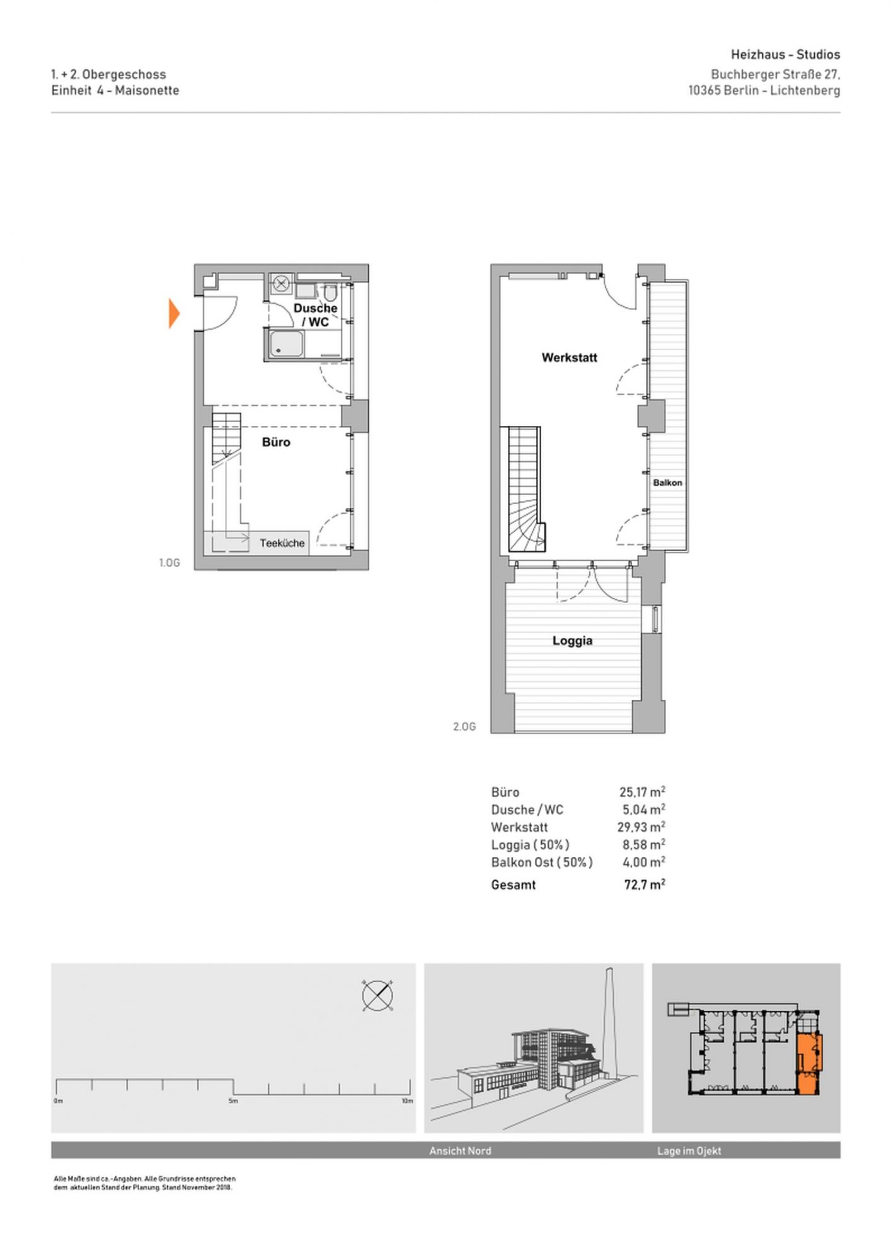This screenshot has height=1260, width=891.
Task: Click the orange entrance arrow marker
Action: tap(174, 314)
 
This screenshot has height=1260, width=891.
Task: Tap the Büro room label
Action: tap(276, 442)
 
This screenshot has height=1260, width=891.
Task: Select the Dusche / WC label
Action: tap(316, 315)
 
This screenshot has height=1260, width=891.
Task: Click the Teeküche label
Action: tap(282, 543)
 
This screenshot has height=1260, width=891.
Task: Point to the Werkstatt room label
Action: tap(570, 358)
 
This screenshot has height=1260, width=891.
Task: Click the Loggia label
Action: tap(572, 641)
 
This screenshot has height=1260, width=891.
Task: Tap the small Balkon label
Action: tap(667, 483)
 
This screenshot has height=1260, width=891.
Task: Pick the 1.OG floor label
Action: tap(170, 563)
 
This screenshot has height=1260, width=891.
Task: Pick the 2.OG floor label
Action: tap(464, 727)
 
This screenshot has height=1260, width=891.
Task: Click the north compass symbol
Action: tap(377, 996)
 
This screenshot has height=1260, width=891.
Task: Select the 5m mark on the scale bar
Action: tap(233, 1101)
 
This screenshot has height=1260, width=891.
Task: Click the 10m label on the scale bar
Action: tap(407, 1101)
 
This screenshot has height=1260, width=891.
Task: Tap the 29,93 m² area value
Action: tap(641, 827)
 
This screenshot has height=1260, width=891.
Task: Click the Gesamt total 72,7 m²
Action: tap(645, 885)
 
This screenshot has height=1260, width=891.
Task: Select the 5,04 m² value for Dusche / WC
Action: tap(644, 810)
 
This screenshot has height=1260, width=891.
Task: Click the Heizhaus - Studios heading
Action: tap(785, 55)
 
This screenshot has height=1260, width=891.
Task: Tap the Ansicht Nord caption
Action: tap(460, 1151)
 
